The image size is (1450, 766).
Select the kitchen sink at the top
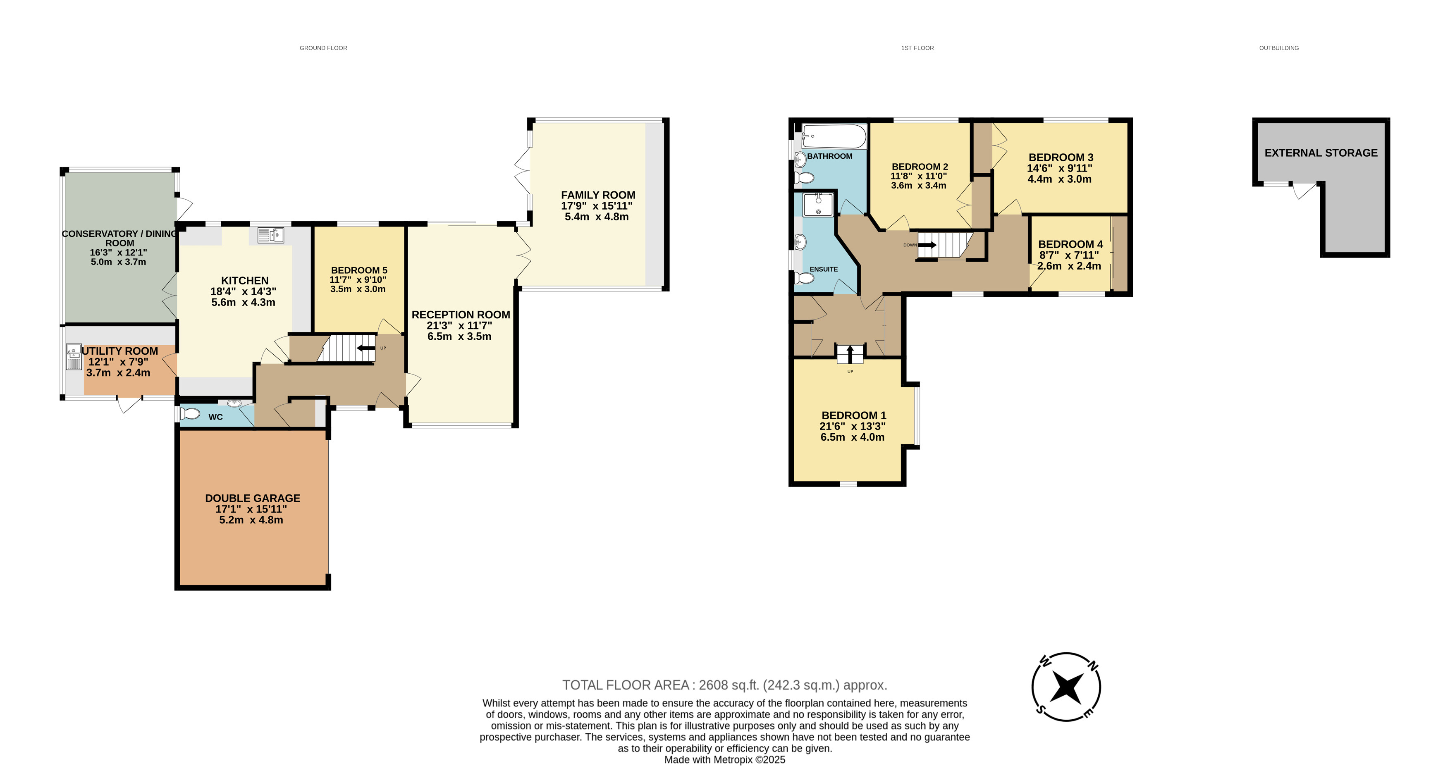pos(271,235)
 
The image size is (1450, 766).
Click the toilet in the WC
pos(190,414)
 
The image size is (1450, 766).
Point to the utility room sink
pos(74,357)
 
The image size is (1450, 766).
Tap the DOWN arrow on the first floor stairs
pos(927,245)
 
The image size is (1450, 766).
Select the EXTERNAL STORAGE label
pos(1321,153)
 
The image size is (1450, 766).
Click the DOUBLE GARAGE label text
pos(253,498)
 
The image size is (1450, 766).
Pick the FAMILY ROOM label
pos(598,195)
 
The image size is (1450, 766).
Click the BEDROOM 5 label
pos(359,270)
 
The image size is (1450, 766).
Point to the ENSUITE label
pos(824,269)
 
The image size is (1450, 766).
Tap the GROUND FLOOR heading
pos(323,48)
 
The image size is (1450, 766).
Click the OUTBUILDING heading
pos(1279,48)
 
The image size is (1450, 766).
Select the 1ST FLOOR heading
pos(917,48)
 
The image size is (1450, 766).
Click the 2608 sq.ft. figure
pos(729,685)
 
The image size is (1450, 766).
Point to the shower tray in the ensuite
pos(818,204)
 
